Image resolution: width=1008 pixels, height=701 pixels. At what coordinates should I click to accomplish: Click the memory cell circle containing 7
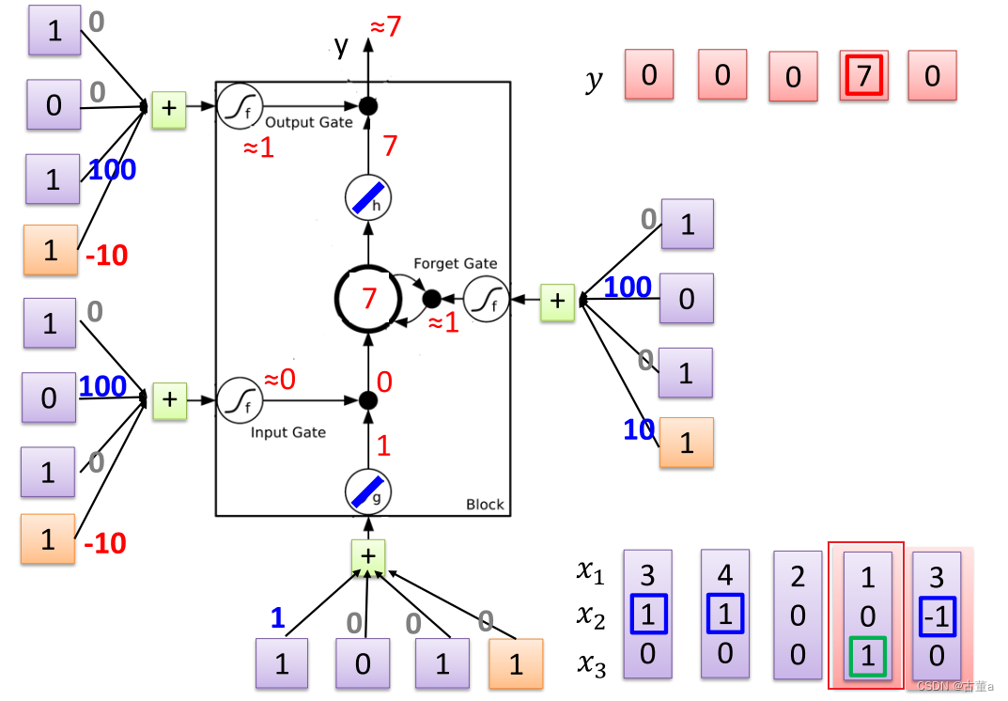tap(368, 299)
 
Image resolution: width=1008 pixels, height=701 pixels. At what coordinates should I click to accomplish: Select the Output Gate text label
tap(309, 122)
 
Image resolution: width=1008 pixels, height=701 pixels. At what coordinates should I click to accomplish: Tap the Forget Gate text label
tap(456, 264)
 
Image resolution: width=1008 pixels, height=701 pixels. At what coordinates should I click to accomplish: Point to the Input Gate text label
tap(288, 432)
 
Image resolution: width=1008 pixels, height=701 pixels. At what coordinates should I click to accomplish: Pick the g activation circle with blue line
tap(368, 491)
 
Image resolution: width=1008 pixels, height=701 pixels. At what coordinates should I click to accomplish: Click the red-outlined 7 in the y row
tap(863, 74)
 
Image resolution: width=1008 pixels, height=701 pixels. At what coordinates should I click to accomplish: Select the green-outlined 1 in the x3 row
tap(867, 655)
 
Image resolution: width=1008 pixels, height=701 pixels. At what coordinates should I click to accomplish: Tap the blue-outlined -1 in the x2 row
tap(937, 616)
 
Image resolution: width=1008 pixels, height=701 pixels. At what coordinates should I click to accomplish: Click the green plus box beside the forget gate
tap(557, 301)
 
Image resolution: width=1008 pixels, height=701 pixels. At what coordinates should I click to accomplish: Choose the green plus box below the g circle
tap(368, 556)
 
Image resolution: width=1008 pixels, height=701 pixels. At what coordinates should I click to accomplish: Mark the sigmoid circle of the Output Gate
tap(240, 106)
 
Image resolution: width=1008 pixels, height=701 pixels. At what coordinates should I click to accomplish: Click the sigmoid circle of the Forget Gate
tap(486, 301)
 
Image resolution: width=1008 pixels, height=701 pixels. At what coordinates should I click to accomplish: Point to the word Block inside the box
tap(485, 505)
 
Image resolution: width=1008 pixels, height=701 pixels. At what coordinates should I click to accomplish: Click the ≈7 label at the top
tap(385, 26)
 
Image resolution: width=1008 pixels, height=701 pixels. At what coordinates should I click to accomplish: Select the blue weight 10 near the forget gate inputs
tap(639, 429)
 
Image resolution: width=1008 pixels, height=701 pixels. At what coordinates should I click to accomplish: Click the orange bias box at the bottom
tap(516, 664)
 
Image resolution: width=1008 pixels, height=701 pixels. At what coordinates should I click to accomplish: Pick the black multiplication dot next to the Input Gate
tap(368, 400)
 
